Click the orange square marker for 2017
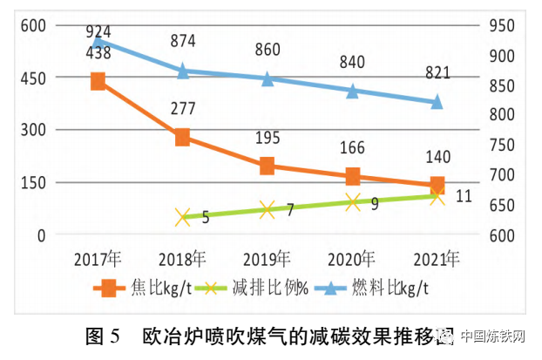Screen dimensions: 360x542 coord(98,81)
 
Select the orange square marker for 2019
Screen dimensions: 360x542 coord(268,166)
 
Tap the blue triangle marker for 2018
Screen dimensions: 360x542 coord(183,71)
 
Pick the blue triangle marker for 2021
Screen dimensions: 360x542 coord(437,102)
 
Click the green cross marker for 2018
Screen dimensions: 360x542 coord(183,217)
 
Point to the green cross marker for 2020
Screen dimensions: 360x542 coord(353,202)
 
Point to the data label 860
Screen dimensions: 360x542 coord(268,50)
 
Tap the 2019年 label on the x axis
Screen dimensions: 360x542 coord(268,259)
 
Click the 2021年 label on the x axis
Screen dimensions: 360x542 coord(437,259)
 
